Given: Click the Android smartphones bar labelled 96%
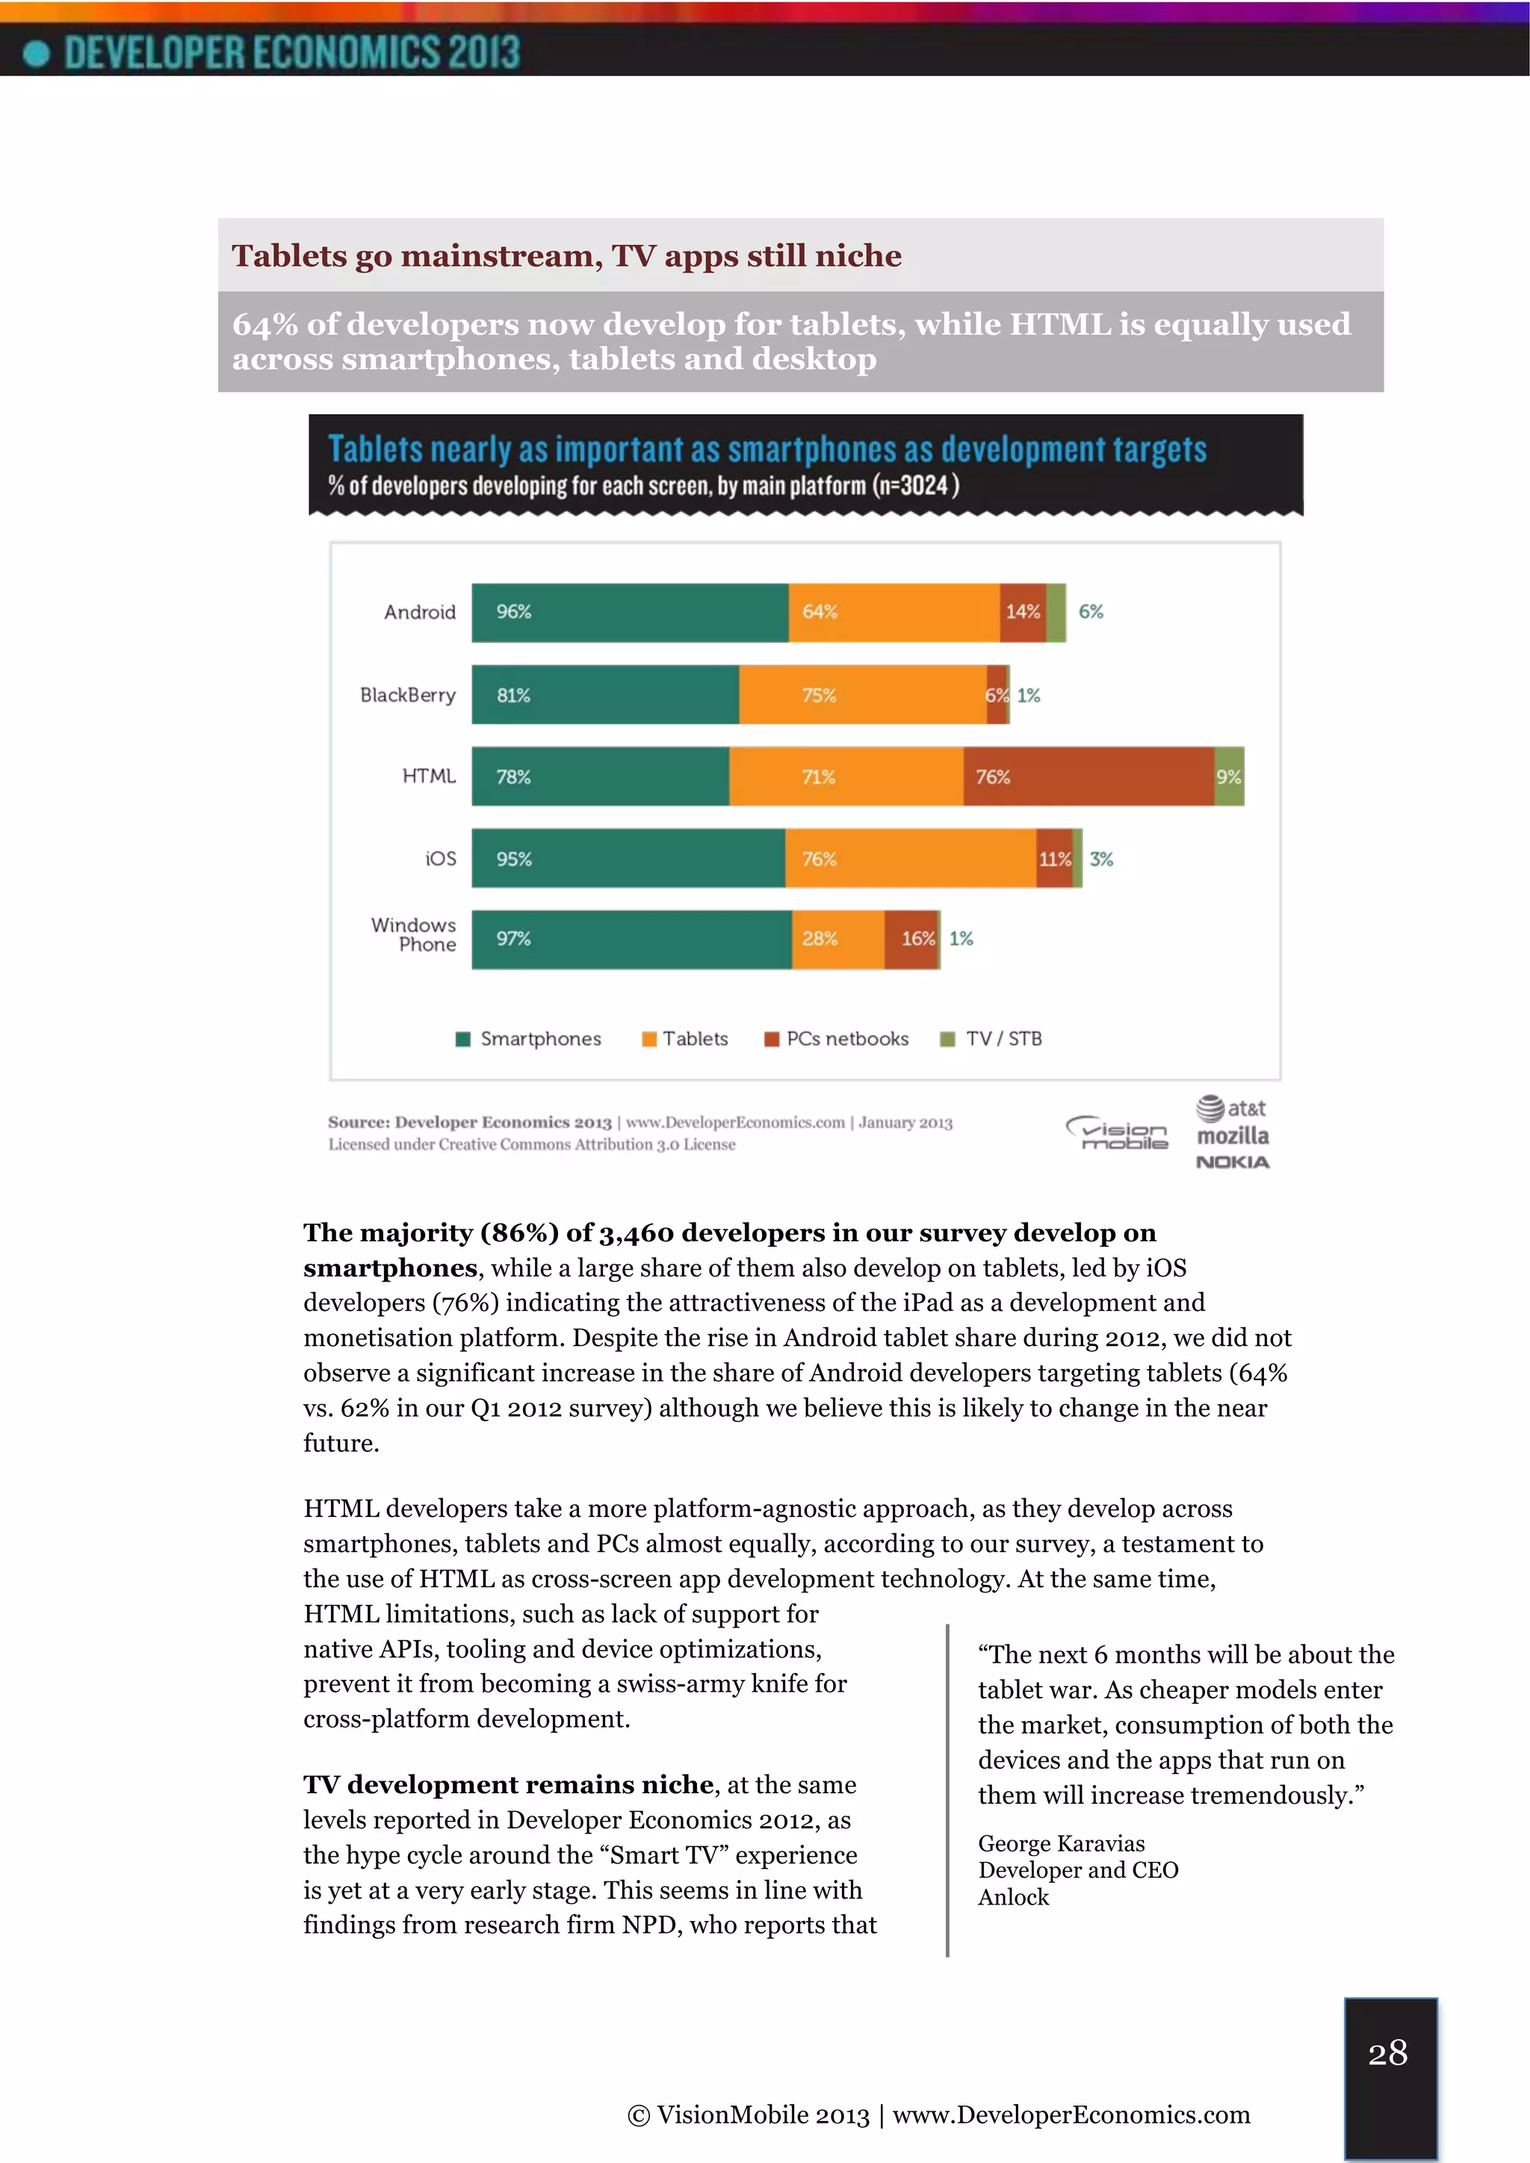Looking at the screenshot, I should pyautogui.click(x=629, y=612).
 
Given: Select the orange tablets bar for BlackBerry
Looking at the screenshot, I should pyautogui.click(x=862, y=695).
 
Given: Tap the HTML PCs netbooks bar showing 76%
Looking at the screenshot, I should pyautogui.click(x=1088, y=776).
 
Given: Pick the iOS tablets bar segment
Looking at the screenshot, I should pyautogui.click(x=910, y=858).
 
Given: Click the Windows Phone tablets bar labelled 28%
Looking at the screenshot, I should pyautogui.click(x=837, y=940).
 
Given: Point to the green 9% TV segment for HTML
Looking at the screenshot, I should pyautogui.click(x=1228, y=776).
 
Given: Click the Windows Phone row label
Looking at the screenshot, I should pyautogui.click(x=414, y=934).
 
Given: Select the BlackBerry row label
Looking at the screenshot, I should pyautogui.click(x=407, y=695).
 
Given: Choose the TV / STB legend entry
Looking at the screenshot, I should pyautogui.click(x=992, y=1038).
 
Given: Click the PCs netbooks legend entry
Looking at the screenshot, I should pyautogui.click(x=837, y=1038).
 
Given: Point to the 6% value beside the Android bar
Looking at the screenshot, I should pyautogui.click(x=1091, y=612).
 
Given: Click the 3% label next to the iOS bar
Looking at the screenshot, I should pyautogui.click(x=1101, y=859).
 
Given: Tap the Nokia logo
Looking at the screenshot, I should pyautogui.click(x=1232, y=1162).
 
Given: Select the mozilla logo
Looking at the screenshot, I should pyautogui.click(x=1232, y=1136).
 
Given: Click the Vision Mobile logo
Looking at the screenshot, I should pyautogui.click(x=1118, y=1133).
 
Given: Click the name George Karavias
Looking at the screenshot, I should pyautogui.click(x=1061, y=1843).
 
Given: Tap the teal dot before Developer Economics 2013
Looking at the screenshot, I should pyautogui.click(x=36, y=53).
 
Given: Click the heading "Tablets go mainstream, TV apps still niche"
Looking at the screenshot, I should pyautogui.click(x=566, y=255).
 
